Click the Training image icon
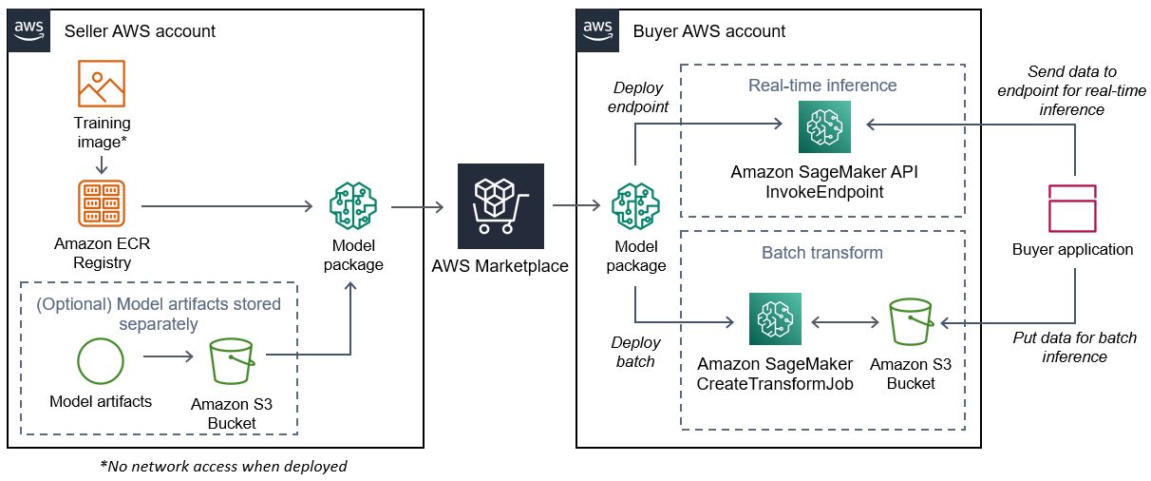(x=102, y=84)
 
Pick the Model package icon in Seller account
(x=352, y=205)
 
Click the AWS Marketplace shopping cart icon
(x=500, y=205)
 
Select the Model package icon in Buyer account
(x=635, y=205)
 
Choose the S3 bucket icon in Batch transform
(x=911, y=323)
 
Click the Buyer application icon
(x=1071, y=208)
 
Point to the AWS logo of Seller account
(x=28, y=30)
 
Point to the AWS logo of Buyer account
(x=597, y=30)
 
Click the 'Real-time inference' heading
(x=821, y=86)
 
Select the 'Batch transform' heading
(x=821, y=253)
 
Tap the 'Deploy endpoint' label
(x=639, y=97)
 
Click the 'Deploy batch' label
(x=634, y=352)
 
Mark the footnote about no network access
(x=223, y=466)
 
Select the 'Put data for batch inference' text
(x=1074, y=347)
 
